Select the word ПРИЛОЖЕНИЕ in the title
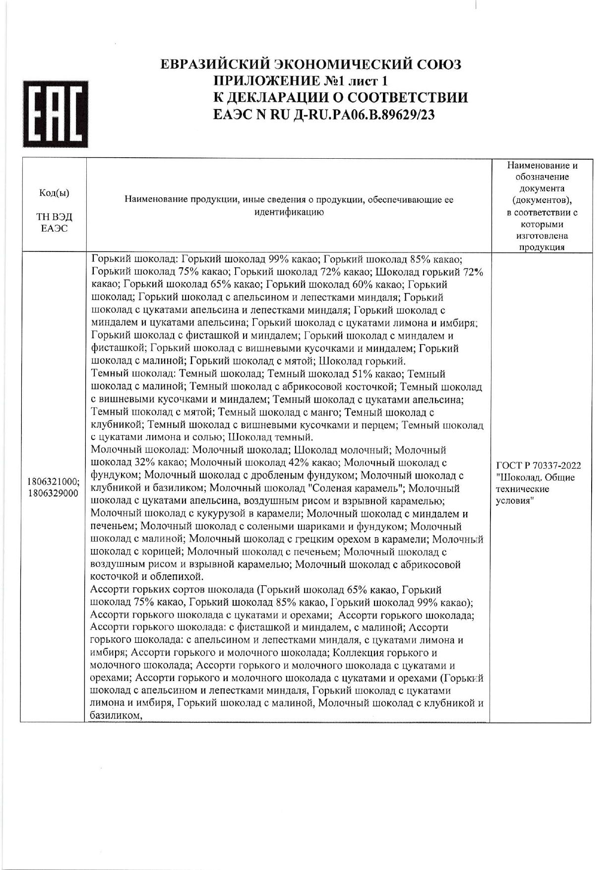click(x=265, y=81)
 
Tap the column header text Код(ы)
click(x=54, y=193)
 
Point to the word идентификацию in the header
click(x=289, y=212)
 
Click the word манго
click(x=325, y=412)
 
